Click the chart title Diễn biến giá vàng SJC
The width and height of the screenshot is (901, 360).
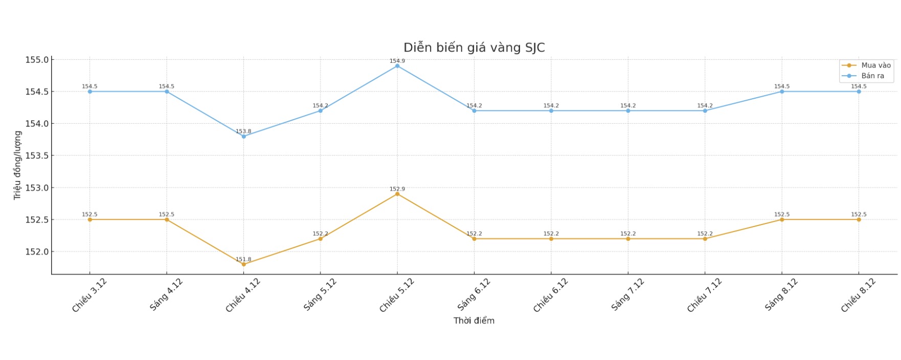474,48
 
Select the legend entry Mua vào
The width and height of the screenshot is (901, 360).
875,65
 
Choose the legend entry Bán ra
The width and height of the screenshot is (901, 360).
872,76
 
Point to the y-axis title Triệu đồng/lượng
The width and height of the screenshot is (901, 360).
17,165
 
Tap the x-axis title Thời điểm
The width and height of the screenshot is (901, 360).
474,321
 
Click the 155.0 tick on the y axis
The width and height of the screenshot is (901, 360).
37,60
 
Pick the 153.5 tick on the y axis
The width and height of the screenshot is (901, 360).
37,155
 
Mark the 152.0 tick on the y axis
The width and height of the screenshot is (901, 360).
37,252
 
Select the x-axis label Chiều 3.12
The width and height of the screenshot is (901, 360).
89,295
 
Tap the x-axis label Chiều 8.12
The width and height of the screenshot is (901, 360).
859,295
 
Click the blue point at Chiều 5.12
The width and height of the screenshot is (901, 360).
397,66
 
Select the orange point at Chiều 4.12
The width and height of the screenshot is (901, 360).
243,264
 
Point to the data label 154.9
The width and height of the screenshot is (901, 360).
397,61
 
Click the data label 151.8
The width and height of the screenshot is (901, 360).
243,259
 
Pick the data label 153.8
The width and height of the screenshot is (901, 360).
243,131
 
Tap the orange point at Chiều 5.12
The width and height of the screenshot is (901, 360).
397,194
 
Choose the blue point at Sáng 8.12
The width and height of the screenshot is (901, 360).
782,92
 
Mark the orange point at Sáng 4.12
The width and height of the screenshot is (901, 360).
167,219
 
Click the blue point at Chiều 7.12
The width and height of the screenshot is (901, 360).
705,110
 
